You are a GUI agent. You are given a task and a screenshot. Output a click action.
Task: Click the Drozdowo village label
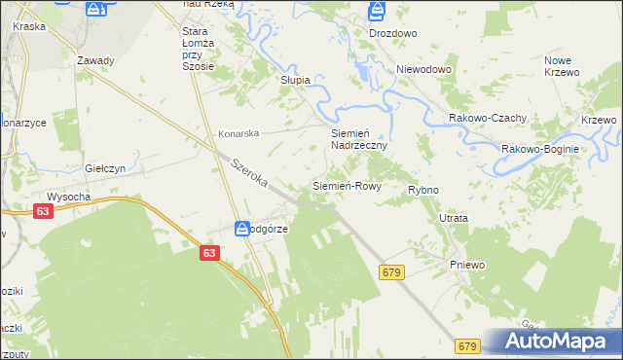coord(393,32)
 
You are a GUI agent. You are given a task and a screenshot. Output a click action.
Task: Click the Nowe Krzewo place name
coord(562,66)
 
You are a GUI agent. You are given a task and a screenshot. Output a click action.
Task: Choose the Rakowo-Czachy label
coord(488,118)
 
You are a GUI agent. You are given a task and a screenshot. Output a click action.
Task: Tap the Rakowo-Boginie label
coord(540,149)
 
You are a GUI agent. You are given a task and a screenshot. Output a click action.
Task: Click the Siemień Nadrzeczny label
coord(359,138)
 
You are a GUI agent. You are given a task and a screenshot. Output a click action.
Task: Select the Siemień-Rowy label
coord(346,185)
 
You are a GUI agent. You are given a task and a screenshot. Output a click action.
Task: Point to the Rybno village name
coord(423,190)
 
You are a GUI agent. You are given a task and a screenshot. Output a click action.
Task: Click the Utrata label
coord(454,219)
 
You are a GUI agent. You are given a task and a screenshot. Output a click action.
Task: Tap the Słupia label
coord(295,80)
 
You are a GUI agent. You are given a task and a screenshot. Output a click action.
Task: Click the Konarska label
coord(238,133)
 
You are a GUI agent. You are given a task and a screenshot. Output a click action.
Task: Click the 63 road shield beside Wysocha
coord(42,211)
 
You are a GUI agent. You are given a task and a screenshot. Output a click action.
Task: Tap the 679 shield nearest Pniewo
coord(392,275)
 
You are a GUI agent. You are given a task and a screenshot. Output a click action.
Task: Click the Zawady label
coord(96,60)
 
